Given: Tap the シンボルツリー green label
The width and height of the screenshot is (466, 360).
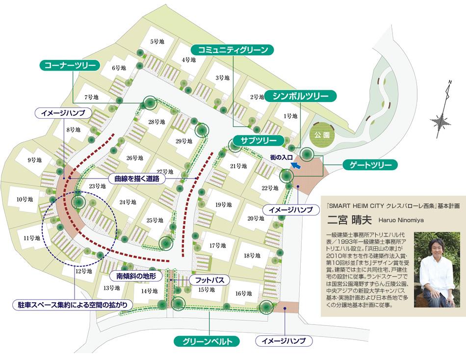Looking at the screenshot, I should coord(301,96).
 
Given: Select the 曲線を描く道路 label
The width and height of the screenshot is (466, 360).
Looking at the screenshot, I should coord(137,179).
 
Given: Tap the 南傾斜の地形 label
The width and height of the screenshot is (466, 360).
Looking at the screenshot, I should coord(136,276).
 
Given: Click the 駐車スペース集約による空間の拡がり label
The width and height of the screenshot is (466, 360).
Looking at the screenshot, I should coord(72,305).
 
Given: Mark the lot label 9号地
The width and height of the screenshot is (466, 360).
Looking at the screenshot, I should coord(34,160).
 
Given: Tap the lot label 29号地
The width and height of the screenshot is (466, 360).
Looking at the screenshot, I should coord(183,141).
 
